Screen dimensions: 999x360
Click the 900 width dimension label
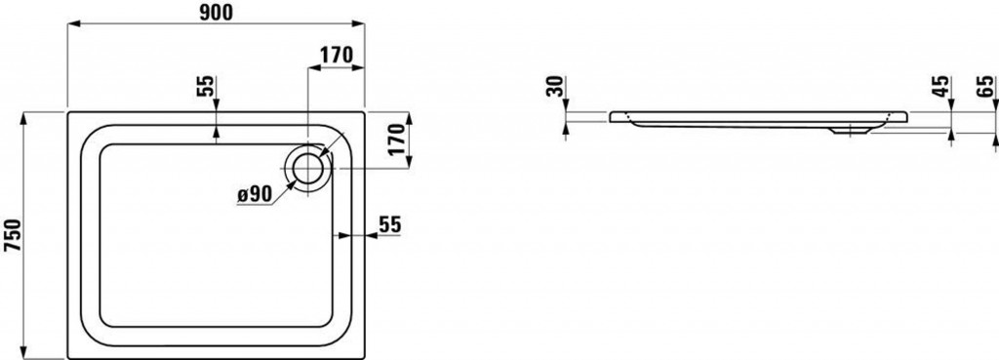coord(216,12)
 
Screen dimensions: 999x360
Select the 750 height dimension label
coord(13,236)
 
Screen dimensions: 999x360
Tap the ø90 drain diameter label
coord(255,195)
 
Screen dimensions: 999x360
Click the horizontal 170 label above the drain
coord(336,56)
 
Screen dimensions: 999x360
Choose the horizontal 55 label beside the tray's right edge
coord(390,224)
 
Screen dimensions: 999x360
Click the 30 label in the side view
coord(555,87)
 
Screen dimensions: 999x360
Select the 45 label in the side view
coord(941,87)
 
